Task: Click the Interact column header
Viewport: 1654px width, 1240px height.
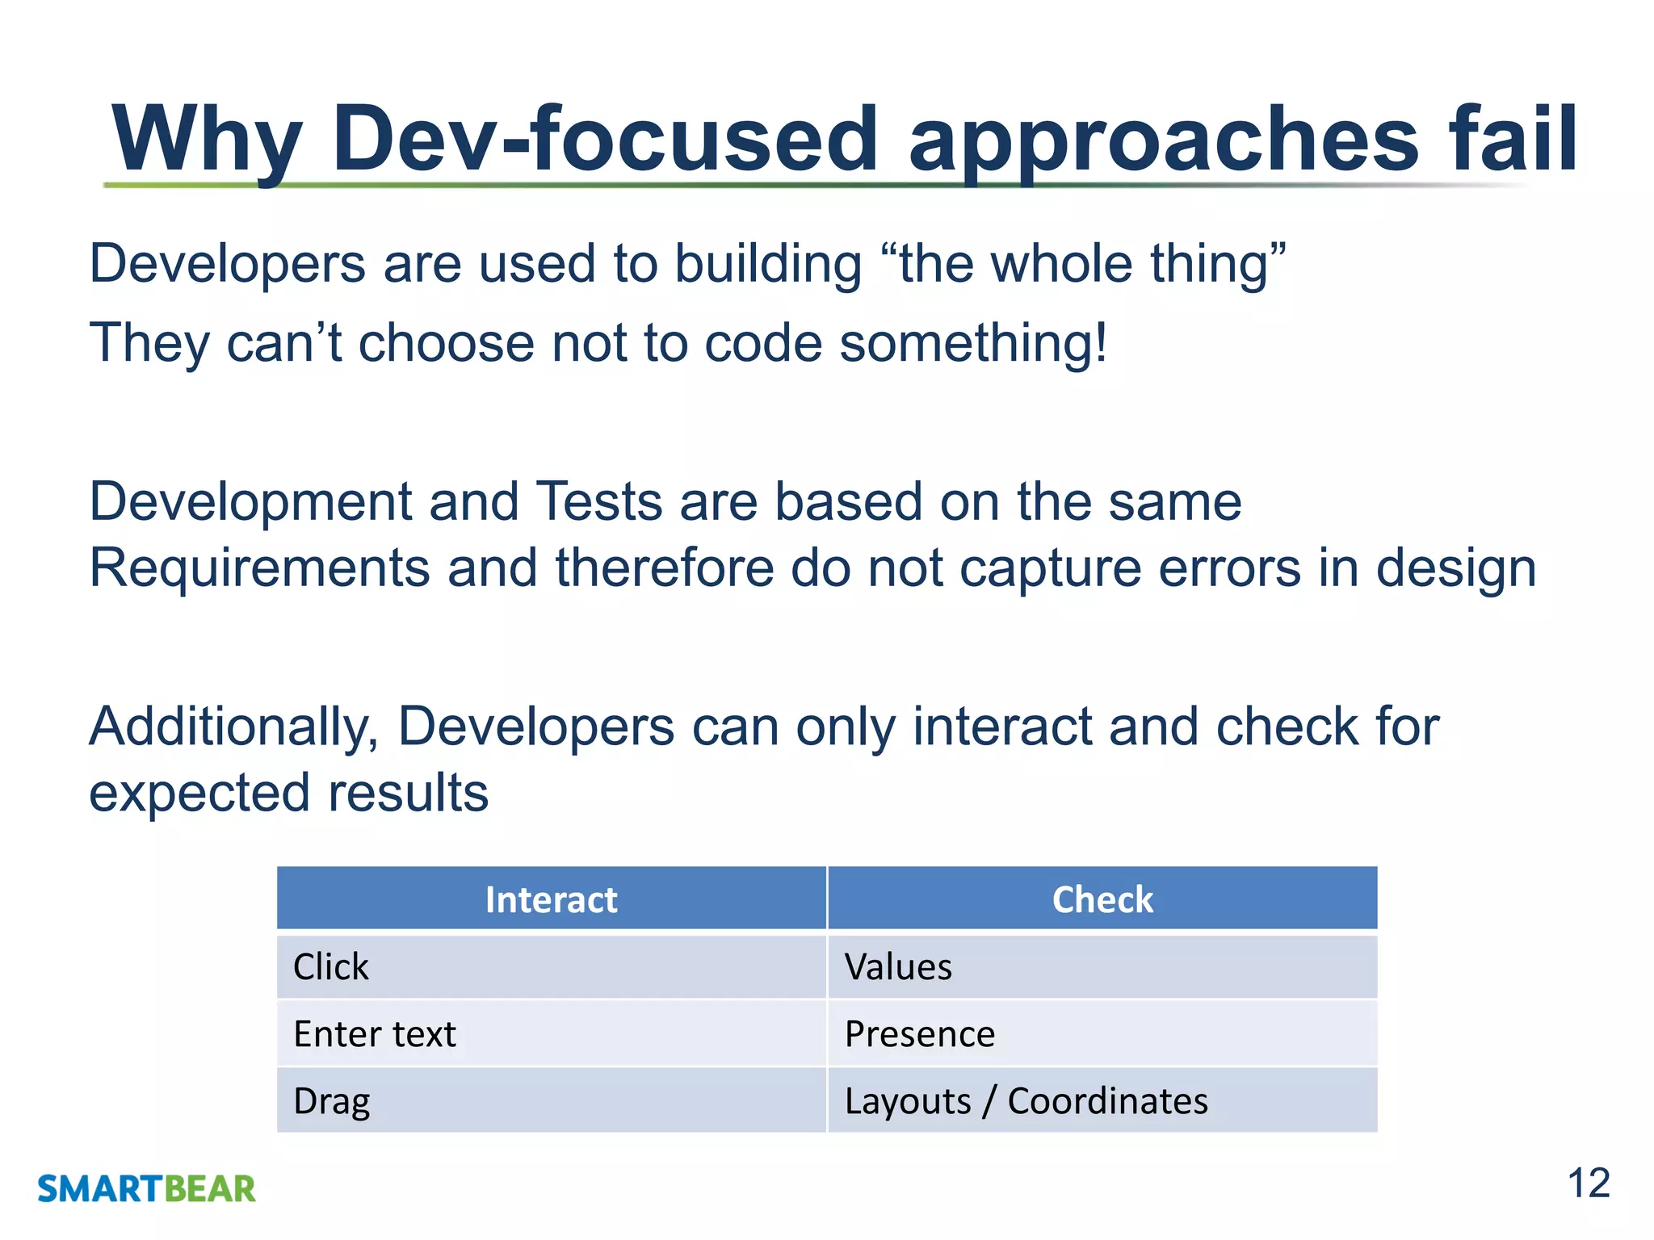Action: tap(552, 899)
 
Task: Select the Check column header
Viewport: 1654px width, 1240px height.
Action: tap(1102, 899)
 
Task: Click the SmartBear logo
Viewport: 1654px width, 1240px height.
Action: tap(146, 1189)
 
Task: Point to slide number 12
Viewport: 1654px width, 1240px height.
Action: tap(1588, 1183)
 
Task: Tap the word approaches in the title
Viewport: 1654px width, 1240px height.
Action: tap(1163, 139)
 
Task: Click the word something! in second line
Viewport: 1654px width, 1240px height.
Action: tap(973, 343)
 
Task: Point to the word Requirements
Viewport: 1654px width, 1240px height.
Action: tap(259, 568)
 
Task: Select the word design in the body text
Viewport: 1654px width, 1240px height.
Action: tap(1455, 568)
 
